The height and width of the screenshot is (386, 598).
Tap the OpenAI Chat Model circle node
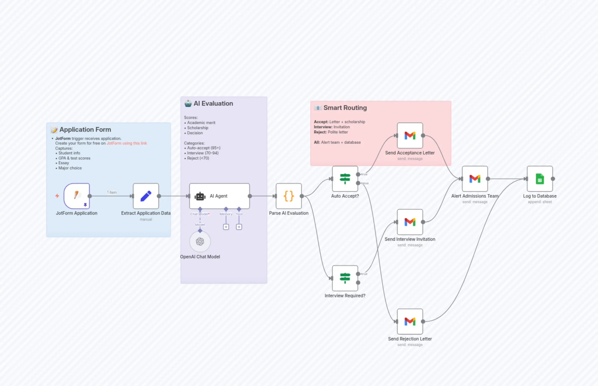[x=200, y=241]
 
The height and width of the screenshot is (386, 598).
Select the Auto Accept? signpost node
[x=345, y=179]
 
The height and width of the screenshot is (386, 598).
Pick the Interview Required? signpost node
[x=345, y=278]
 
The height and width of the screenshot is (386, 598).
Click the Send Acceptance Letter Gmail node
[x=410, y=135]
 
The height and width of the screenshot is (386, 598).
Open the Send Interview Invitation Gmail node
[x=410, y=222]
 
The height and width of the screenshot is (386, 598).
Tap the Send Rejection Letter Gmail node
[x=410, y=321]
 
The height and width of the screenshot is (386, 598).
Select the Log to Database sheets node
[x=540, y=179]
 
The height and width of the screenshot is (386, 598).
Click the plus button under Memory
[x=226, y=227]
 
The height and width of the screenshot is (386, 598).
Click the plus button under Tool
[x=239, y=227]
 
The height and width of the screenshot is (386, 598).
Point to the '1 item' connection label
[x=112, y=192]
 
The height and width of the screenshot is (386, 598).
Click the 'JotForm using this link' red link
[x=127, y=143]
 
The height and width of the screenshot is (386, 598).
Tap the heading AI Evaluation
[x=213, y=103]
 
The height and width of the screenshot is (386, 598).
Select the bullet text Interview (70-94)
[x=203, y=153]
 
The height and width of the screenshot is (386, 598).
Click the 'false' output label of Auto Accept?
[x=365, y=183]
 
